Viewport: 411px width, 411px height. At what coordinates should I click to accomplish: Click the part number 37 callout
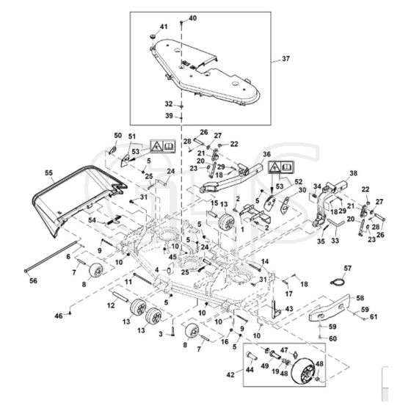(285, 59)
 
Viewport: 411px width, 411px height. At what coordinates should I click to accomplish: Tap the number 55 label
(48, 172)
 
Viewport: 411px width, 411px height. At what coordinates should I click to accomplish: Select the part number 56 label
(33, 280)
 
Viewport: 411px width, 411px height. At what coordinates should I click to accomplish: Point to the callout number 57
(348, 268)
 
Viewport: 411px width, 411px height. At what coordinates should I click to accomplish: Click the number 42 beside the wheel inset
(230, 375)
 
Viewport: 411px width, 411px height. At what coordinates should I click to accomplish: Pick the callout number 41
(164, 26)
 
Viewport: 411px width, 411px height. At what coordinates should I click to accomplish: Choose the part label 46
(59, 316)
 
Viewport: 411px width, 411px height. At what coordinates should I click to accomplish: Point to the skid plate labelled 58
(330, 308)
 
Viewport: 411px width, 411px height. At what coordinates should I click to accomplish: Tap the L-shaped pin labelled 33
(335, 223)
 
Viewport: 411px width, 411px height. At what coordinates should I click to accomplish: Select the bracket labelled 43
(276, 309)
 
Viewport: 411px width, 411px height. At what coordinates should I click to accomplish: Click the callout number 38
(353, 173)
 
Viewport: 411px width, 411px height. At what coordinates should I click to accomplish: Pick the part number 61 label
(374, 317)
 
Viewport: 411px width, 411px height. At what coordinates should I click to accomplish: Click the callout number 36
(266, 154)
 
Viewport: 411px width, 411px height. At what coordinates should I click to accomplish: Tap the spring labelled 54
(113, 220)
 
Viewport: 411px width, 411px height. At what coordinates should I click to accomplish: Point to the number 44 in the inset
(250, 370)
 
